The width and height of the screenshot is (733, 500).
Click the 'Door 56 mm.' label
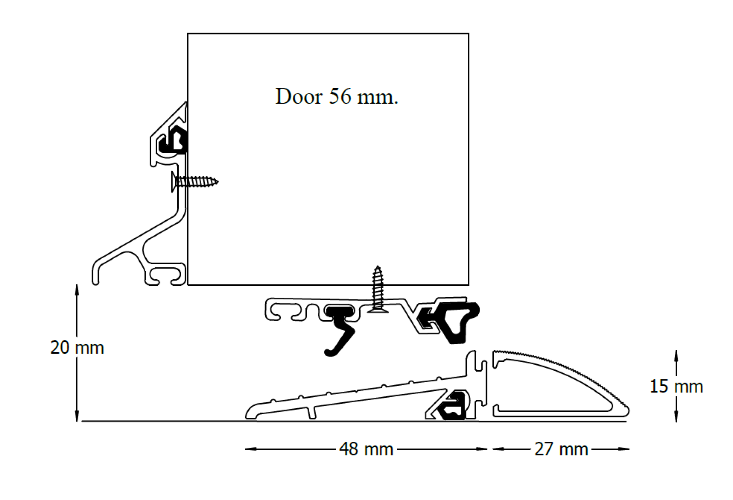(x=337, y=97)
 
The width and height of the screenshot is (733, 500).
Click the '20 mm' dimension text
(x=77, y=348)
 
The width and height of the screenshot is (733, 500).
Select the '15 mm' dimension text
(x=676, y=387)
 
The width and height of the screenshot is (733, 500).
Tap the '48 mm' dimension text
(x=366, y=449)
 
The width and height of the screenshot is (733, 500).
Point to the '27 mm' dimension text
(x=561, y=449)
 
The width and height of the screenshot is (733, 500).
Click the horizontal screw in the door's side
(x=195, y=182)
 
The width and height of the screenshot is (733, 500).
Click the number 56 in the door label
(x=339, y=97)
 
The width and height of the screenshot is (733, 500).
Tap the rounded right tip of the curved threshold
(x=627, y=411)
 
